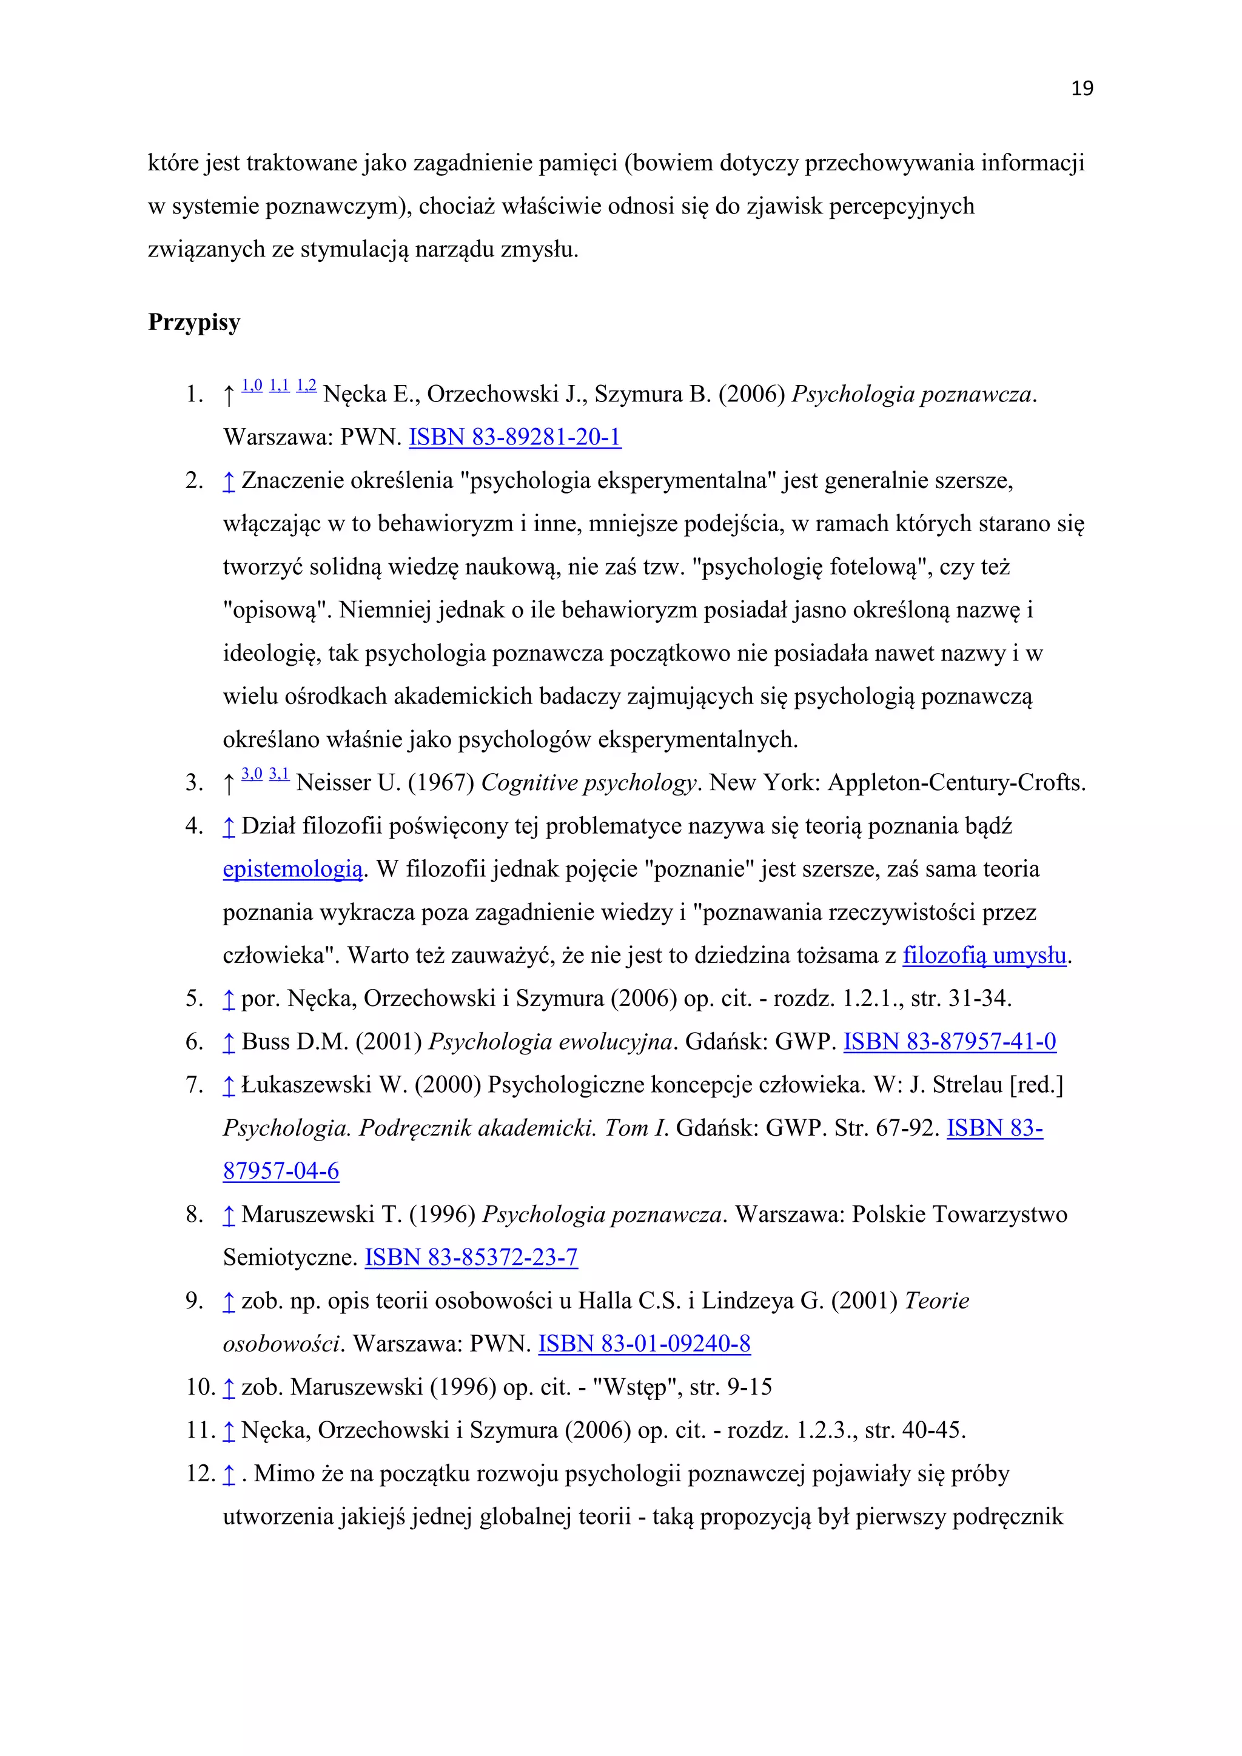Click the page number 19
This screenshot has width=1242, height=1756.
1081,89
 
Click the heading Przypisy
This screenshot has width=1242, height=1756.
193,322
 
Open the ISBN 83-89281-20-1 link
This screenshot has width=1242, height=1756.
515,437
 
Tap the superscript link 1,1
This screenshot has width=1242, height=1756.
279,386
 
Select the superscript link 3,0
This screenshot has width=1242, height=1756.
252,774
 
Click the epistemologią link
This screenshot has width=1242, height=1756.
293,870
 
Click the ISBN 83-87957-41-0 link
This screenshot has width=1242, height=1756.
950,1042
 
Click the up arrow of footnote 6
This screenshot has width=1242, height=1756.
228,1042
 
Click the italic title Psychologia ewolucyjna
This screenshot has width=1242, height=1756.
552,1042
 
